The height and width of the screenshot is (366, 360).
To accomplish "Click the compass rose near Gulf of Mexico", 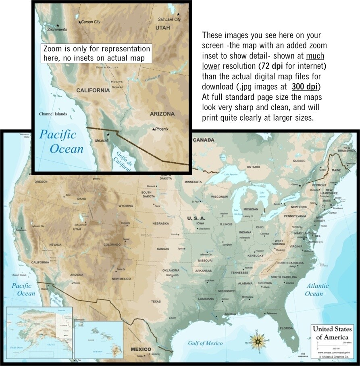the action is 257,341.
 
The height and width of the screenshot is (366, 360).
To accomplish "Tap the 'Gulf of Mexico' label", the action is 205,343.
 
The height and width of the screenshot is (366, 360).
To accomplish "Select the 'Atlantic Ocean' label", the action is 317,289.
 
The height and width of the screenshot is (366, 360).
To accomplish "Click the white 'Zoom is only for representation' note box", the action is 97,54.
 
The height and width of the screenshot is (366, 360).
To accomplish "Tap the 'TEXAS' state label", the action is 156,301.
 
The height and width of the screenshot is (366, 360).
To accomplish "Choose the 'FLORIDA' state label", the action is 286,328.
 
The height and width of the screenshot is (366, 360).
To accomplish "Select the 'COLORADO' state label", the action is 112,245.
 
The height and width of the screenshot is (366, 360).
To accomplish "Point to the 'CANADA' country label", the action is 204,140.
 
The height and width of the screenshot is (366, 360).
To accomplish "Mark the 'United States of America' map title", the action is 332,333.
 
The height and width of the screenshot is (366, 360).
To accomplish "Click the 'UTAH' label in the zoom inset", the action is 162,27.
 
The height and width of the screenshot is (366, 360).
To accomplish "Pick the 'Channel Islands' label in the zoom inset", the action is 55,114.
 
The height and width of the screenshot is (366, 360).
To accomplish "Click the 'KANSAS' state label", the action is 163,249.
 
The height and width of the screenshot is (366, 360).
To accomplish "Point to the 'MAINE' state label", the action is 337,170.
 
